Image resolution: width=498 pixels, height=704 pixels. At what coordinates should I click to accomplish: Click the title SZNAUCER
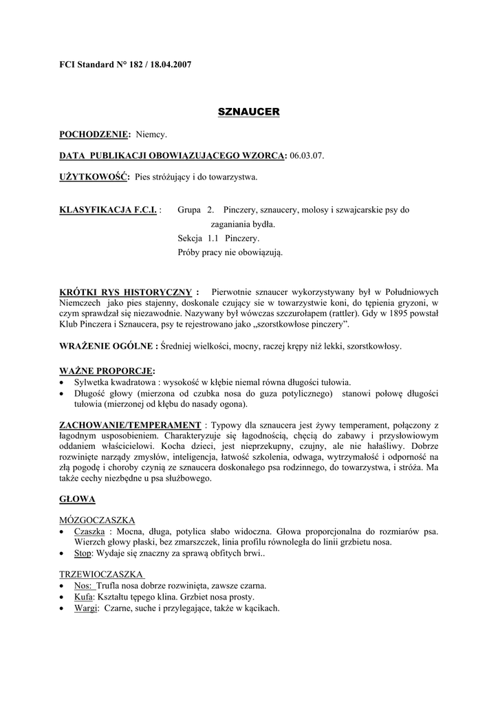248,111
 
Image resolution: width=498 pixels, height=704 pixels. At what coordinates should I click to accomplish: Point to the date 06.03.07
306,156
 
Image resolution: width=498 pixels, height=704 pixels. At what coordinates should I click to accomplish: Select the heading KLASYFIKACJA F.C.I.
109,210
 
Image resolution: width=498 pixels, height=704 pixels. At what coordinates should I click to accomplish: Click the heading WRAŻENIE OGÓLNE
109,346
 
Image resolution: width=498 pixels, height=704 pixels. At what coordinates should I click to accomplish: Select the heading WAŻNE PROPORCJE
107,371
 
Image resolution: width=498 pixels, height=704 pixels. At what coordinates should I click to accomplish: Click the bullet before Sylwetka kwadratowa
63,382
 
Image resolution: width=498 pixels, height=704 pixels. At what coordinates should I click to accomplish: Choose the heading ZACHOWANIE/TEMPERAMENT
131,426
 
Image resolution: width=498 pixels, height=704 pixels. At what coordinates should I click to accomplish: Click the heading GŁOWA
77,498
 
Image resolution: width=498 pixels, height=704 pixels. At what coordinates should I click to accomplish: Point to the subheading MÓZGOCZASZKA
97,520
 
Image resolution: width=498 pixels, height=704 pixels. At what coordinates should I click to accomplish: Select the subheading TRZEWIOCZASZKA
101,574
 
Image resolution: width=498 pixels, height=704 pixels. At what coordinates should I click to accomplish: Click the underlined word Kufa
83,597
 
